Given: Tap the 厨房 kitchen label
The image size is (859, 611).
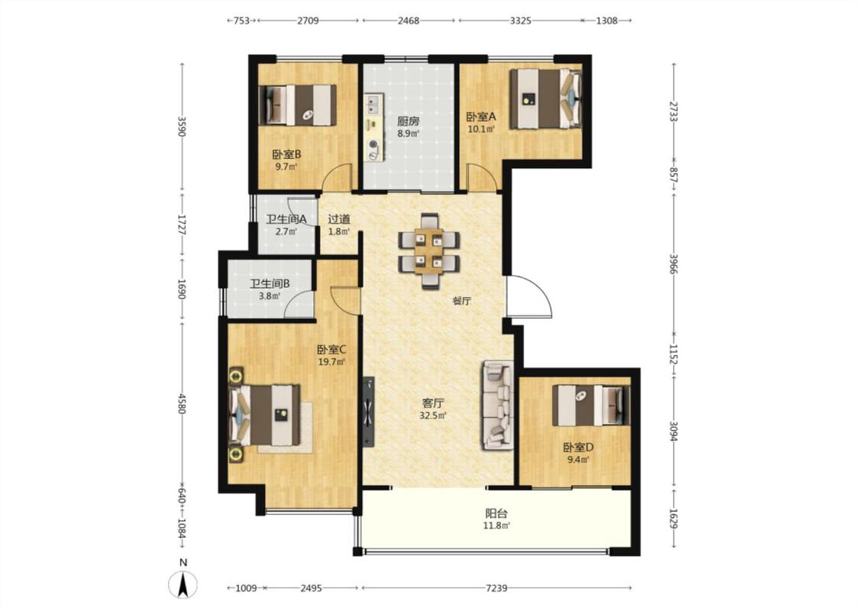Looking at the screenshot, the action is pos(409,121).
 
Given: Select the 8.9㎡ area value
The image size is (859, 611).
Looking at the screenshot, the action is pos(409,133).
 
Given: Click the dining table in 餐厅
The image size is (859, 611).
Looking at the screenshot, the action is pos(429,250).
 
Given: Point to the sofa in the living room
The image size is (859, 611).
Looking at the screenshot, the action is pos(497,406).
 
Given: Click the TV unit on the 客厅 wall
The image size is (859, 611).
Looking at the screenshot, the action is pos(368,412).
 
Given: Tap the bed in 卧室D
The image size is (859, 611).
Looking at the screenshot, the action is pos(591,406).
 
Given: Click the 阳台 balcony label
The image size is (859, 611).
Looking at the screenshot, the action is pos(496,513).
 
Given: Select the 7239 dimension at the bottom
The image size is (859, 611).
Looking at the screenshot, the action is pos(496,588).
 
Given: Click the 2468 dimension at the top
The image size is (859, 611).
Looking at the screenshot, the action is pos(409,21).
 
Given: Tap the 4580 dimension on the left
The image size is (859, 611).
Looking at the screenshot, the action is pos(182,403).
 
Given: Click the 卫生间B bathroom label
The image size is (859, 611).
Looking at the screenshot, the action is pos(270,284).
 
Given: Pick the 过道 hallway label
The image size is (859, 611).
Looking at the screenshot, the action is pos(338,219).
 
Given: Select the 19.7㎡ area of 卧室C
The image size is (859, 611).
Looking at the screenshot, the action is pos(331,362).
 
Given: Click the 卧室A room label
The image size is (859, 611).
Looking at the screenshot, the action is pos(481,117).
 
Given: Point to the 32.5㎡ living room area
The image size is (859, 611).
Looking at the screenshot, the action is pos(433,415).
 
